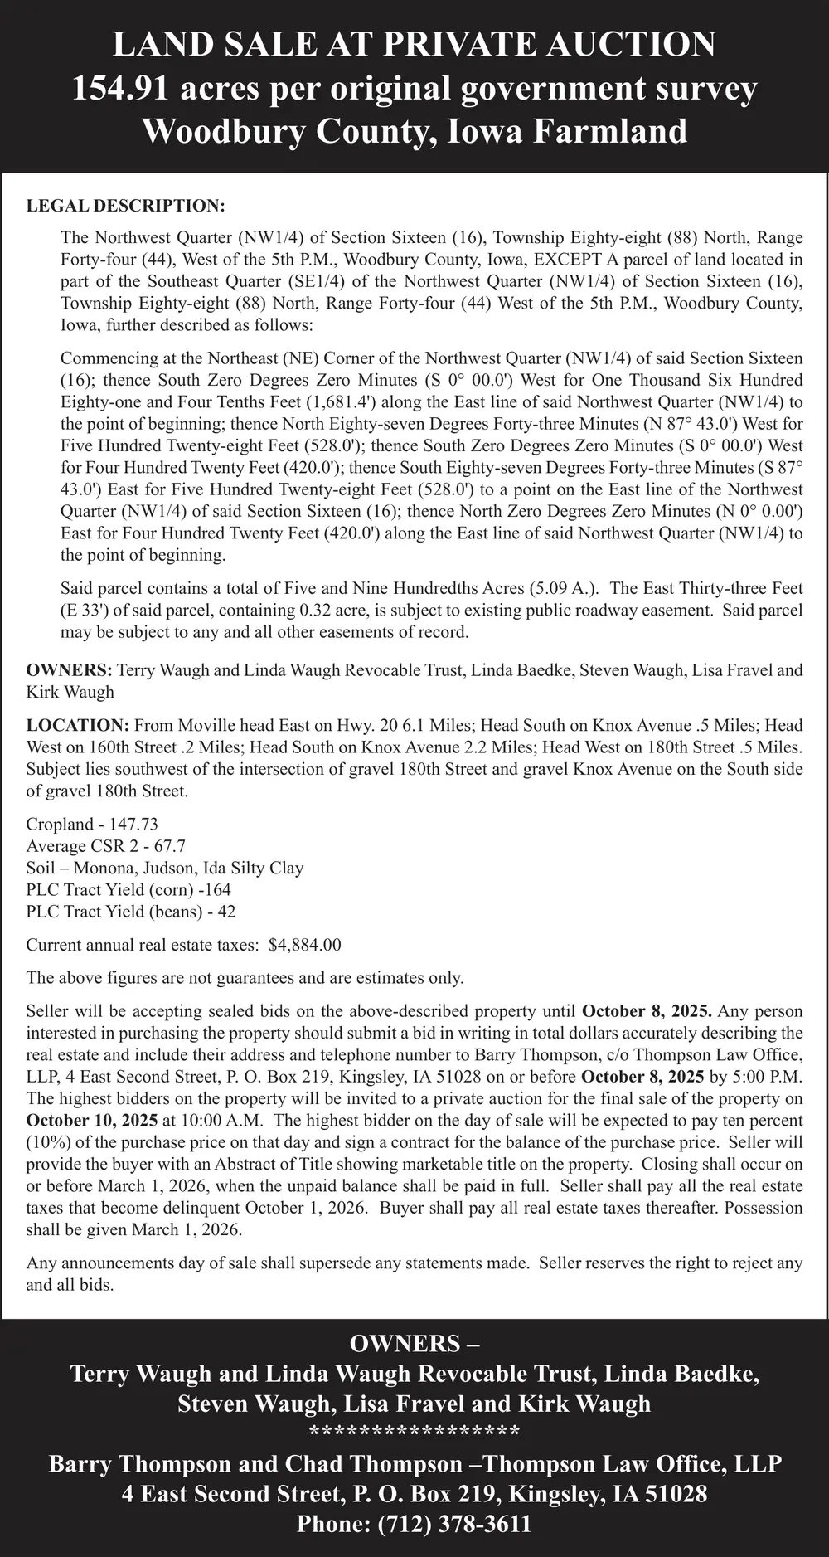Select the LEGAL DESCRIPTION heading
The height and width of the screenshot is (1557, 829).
pyautogui.click(x=125, y=205)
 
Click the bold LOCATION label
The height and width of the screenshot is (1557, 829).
pyautogui.click(x=78, y=725)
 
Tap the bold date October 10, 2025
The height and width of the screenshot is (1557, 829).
pyautogui.click(x=92, y=1121)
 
